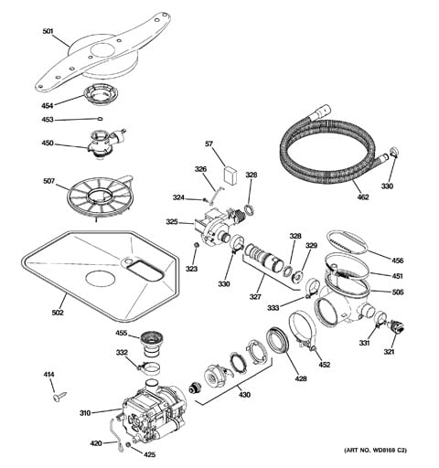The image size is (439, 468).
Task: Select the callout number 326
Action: click(200, 169)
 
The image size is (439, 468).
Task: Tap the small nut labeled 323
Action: click(195, 247)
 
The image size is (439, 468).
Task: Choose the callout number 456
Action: click(397, 260)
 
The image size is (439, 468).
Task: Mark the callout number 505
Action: click(397, 293)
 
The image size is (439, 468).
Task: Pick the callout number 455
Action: click(121, 335)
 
